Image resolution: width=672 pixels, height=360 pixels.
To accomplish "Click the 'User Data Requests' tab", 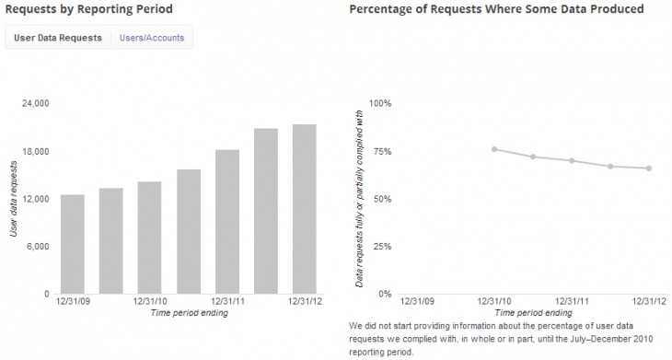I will (x=57, y=38).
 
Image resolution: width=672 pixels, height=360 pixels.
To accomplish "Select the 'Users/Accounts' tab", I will (x=151, y=38).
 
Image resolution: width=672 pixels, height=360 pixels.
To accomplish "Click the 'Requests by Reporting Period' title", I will (x=88, y=9).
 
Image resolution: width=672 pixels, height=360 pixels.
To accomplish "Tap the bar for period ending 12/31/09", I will (x=73, y=244).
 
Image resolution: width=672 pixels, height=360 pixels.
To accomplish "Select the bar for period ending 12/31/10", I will (x=150, y=238).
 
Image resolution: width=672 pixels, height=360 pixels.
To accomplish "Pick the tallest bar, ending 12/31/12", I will (x=305, y=209).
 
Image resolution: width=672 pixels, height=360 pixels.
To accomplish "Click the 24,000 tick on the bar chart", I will (x=35, y=103).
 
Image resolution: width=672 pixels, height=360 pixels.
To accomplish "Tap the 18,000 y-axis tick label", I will (x=35, y=151).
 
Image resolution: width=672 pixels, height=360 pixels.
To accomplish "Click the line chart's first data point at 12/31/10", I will (x=494, y=149).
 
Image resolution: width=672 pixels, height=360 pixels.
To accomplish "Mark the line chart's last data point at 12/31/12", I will (x=649, y=168).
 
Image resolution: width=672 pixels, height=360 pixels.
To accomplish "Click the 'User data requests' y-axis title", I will (x=14, y=199).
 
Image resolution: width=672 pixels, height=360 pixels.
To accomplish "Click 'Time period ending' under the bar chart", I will (x=189, y=313).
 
